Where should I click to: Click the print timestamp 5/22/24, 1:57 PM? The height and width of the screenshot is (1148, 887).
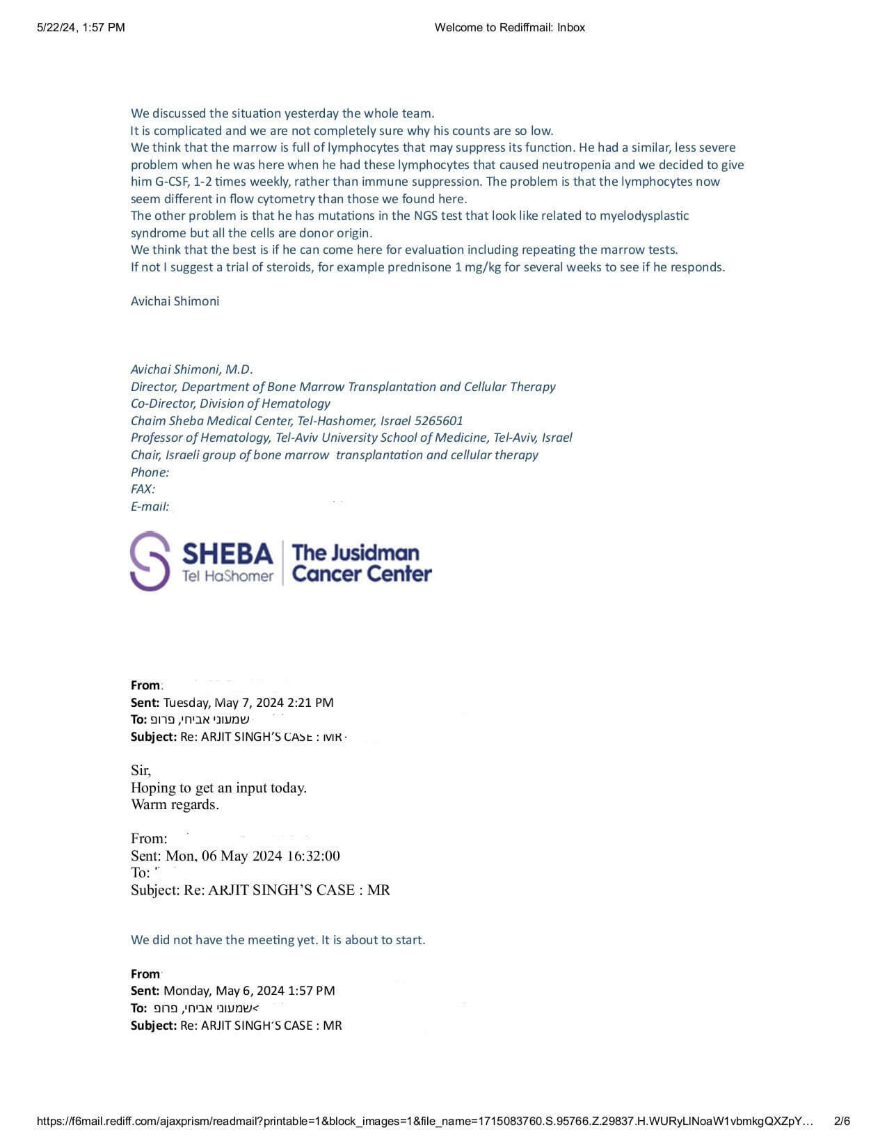(81, 28)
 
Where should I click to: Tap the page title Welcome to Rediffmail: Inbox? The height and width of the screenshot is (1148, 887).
(509, 28)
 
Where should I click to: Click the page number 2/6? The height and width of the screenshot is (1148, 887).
(842, 1121)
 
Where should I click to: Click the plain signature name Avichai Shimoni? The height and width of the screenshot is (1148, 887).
(175, 301)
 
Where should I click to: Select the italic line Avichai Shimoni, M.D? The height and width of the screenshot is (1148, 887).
(192, 369)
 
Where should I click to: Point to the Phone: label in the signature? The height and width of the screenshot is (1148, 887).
(150, 472)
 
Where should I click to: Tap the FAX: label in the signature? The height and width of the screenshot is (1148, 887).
(143, 489)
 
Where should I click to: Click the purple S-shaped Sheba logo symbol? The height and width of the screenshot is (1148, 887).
(150, 561)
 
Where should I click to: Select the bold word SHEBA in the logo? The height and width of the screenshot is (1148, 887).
(227, 554)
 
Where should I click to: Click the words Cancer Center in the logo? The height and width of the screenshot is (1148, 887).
(362, 574)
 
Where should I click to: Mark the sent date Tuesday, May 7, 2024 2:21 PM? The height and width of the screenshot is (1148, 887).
(248, 703)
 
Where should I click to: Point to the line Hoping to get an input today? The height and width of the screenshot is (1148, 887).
(218, 788)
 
